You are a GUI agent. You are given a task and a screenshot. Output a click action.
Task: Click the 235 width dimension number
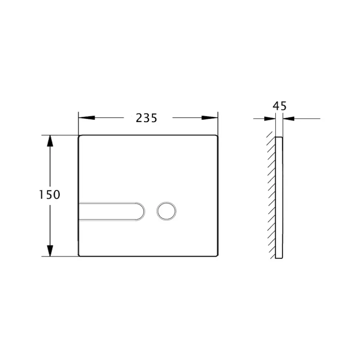point(146,118)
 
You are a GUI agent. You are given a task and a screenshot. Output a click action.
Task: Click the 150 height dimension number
point(50,195)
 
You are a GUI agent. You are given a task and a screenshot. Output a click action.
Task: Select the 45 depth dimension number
point(280,106)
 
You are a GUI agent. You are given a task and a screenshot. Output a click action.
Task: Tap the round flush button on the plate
point(166,211)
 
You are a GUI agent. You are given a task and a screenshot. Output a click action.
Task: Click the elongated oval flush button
point(112,212)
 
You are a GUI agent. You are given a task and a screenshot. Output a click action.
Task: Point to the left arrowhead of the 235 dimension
point(86,118)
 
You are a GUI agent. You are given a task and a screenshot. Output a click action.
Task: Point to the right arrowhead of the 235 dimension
point(210,118)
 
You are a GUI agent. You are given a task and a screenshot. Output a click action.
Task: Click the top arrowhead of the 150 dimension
point(50,141)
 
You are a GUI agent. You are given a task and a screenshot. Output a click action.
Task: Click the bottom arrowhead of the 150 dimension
point(50,251)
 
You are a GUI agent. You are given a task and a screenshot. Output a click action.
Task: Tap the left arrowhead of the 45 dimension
point(270,119)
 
